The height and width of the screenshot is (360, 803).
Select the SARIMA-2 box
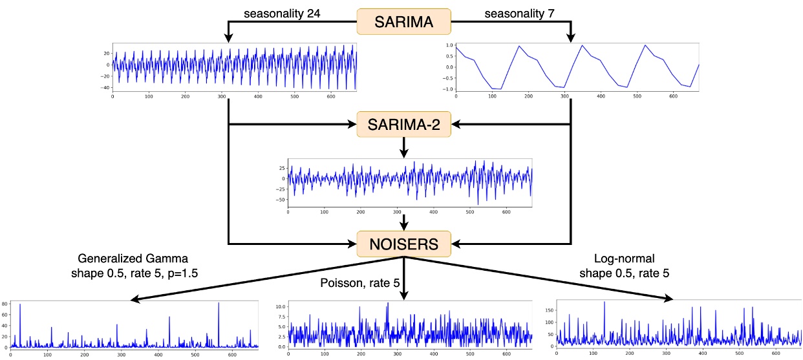pos(403,125)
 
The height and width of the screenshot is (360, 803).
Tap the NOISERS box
pos(403,246)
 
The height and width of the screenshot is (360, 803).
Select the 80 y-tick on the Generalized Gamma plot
pos(5,303)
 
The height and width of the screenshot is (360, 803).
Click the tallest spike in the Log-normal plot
pos(604,302)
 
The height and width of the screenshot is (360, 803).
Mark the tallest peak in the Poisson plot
pos(387,303)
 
